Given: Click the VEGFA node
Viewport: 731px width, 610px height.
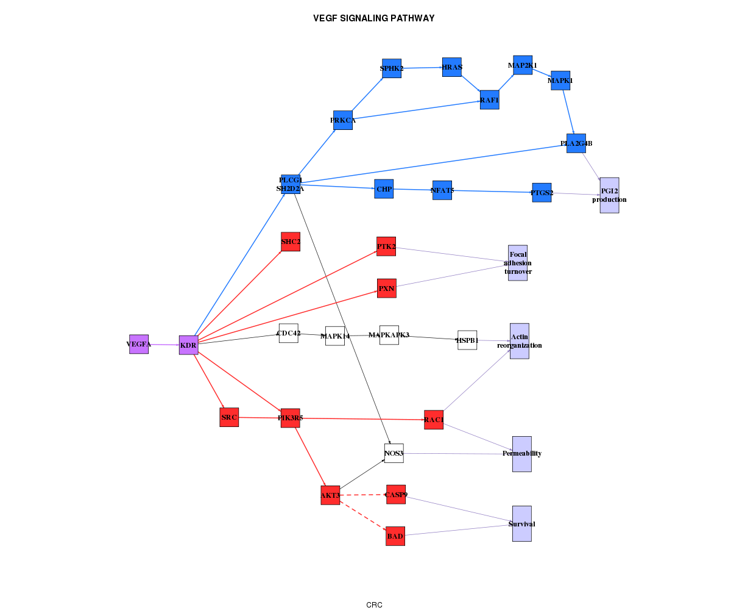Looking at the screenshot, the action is [x=139, y=344].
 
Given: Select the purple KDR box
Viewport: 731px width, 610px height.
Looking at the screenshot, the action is [x=188, y=345].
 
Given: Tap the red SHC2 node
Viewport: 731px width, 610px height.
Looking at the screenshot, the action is [x=290, y=242].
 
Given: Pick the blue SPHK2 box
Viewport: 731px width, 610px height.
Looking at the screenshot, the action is [x=392, y=68].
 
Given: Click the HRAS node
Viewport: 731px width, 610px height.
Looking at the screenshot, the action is [x=451, y=67].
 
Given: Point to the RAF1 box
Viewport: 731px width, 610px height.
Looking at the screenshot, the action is [x=489, y=100].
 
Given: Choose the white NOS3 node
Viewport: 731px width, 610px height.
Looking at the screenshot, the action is [x=394, y=453].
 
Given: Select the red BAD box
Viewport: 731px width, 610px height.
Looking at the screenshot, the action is [x=395, y=536].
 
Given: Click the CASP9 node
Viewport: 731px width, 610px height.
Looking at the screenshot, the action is [x=396, y=494].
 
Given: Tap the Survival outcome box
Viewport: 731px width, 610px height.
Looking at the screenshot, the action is [x=521, y=523].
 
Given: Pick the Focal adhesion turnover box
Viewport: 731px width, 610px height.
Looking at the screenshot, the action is [x=517, y=262].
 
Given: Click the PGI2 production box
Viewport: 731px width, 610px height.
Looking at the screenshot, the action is [x=609, y=195].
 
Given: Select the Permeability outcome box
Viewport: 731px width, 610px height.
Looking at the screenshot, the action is [x=521, y=454].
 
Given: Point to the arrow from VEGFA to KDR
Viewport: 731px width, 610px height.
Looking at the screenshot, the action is [x=163, y=345].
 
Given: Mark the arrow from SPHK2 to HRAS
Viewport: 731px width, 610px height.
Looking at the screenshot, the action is [x=422, y=68].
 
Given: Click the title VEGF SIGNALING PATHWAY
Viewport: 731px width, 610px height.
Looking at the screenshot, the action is [x=373, y=18].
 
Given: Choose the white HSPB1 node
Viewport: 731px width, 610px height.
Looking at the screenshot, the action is [x=467, y=340].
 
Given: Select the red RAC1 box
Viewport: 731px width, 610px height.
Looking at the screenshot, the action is [x=433, y=420].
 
